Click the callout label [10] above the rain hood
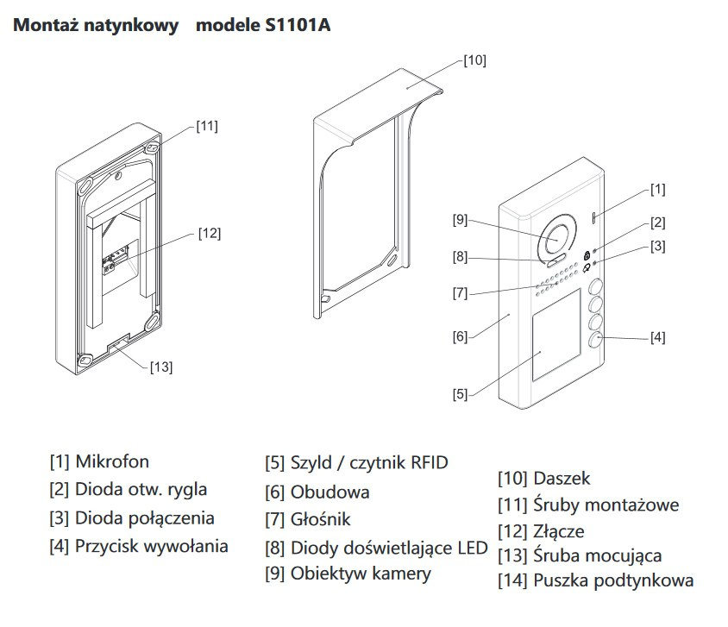coord(474,60)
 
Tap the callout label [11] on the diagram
coord(207,126)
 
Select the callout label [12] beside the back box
coord(209,232)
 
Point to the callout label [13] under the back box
coord(160,367)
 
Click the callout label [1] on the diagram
coord(657,189)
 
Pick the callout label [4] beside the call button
coord(657,337)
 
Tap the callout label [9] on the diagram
coord(460,220)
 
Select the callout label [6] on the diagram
coord(460,336)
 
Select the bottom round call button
coord(596,341)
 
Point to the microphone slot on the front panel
coord(594,217)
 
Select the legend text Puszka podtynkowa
coord(613,580)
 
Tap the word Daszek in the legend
coord(562,478)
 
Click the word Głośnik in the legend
coord(321,519)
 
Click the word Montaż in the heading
coord(46,25)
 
